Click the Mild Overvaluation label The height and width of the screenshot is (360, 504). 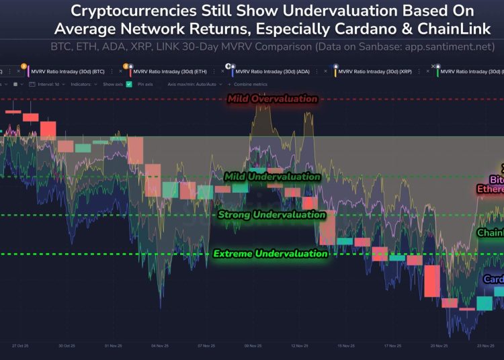tap(272, 99)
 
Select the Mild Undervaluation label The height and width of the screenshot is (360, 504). tap(272, 177)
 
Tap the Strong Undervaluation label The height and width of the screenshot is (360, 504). tap(271, 215)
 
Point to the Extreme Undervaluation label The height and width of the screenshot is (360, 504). tap(270, 254)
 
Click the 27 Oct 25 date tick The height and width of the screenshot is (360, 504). tap(20, 346)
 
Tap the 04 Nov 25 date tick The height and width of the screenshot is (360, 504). tap(160, 346)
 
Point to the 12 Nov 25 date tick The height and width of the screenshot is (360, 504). tap(300, 346)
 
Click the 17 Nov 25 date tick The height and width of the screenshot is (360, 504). tap(392, 346)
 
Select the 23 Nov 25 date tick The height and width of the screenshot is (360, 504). tap(485, 346)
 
